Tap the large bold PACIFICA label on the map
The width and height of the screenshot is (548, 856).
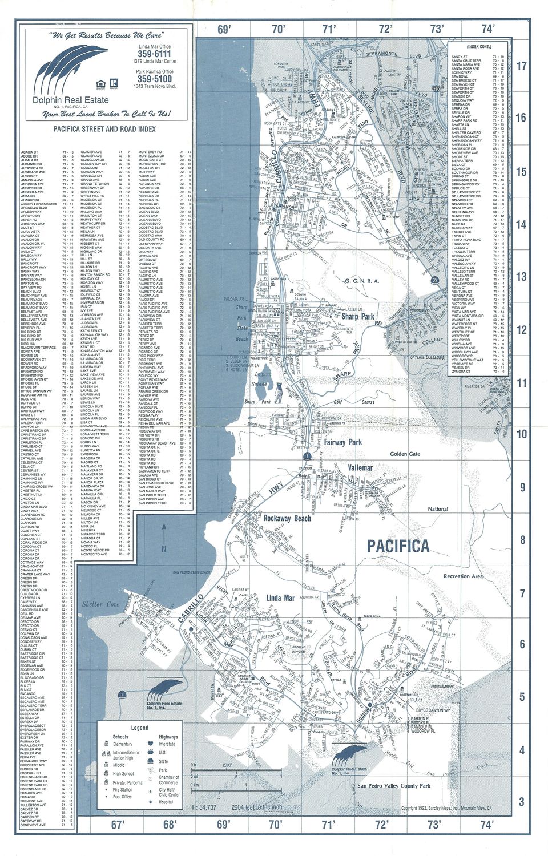pyautogui.click(x=397, y=546)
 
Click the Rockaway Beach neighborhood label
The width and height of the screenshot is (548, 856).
pyautogui.click(x=288, y=518)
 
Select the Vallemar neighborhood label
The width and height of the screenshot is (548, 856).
pyautogui.click(x=360, y=467)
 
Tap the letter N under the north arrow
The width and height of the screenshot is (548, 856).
pyautogui.click(x=164, y=550)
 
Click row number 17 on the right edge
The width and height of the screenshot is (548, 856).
pyautogui.click(x=521, y=66)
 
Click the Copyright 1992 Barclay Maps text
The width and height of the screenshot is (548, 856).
pyautogui.click(x=446, y=809)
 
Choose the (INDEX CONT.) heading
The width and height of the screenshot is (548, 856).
pyautogui.click(x=478, y=46)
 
